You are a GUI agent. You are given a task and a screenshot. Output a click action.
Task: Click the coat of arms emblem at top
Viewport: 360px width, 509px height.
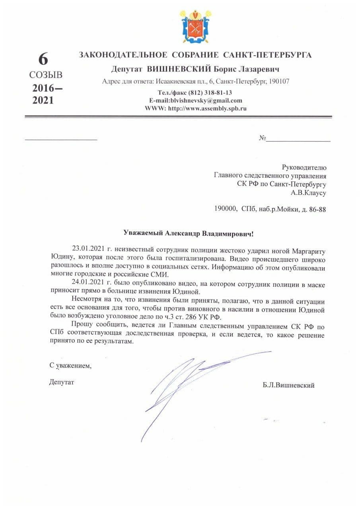[195, 27]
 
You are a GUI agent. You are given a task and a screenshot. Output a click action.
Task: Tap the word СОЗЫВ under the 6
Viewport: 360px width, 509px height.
[46, 75]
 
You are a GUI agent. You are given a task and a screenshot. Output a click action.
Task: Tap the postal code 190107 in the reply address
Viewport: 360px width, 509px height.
[279, 82]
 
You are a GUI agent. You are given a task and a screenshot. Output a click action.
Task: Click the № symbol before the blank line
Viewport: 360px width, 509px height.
[263, 138]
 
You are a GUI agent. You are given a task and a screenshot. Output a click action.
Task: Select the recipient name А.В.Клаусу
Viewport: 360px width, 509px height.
[309, 193]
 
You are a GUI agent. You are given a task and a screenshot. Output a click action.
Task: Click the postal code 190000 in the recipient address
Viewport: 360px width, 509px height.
[226, 209]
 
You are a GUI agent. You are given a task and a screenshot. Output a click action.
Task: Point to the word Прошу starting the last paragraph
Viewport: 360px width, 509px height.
[84, 327]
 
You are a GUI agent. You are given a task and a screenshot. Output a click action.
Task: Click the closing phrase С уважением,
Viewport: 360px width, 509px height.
[70, 365]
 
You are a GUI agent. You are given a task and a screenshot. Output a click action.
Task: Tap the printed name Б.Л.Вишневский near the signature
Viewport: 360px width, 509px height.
[288, 385]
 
